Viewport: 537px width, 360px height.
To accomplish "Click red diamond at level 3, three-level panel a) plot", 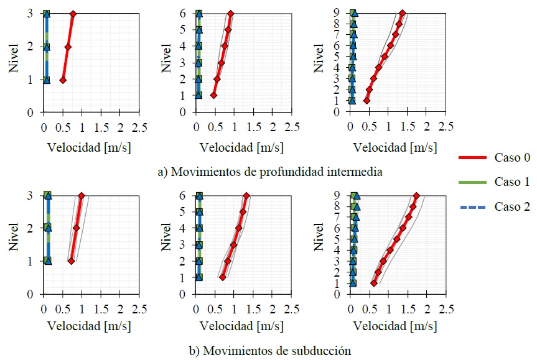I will (x=73, y=14).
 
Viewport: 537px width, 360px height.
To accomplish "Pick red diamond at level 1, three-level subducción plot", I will (x=71, y=261).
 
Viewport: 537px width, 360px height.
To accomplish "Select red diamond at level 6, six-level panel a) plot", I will (x=231, y=14).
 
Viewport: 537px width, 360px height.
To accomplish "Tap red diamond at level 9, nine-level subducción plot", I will (x=417, y=195).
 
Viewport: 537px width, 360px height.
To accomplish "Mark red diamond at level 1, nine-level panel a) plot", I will (x=367, y=101).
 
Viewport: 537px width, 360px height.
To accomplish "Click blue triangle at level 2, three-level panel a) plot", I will (x=47, y=47).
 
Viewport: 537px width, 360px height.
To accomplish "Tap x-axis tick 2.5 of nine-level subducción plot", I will (x=445, y=308).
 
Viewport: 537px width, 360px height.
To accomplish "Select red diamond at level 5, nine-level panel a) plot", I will (x=385, y=57).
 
